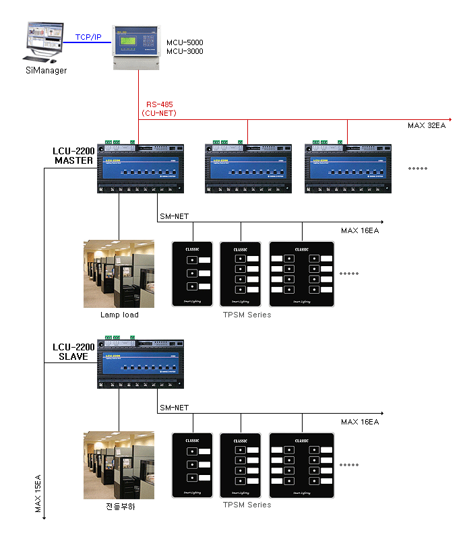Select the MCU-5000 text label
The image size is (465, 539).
click(185, 42)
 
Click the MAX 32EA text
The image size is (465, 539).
click(427, 126)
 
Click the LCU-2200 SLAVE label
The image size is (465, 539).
click(73, 352)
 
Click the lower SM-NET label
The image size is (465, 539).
click(174, 408)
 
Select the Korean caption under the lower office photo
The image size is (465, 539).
click(121, 506)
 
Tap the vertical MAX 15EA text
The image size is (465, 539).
click(38, 494)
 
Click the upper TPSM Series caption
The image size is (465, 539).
click(247, 315)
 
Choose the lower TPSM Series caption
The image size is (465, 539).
click(247, 505)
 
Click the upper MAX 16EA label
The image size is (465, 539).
click(359, 230)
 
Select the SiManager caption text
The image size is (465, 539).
click(46, 70)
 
